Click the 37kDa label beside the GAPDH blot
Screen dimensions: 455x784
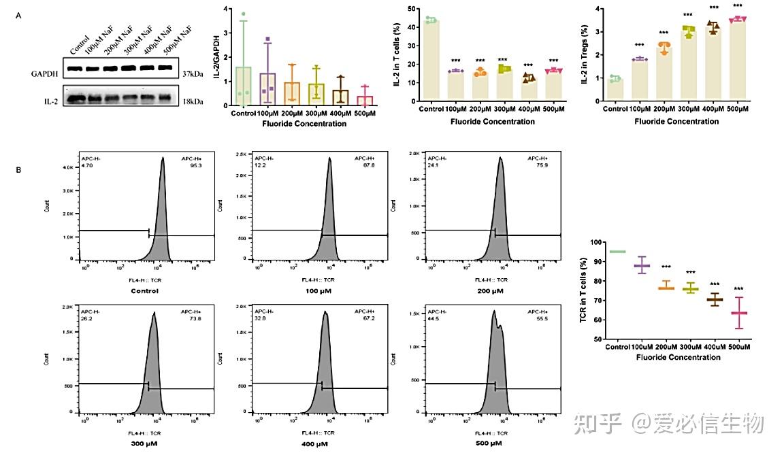196,73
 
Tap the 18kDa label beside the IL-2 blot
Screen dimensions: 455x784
196,103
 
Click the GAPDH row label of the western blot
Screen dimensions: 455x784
44,73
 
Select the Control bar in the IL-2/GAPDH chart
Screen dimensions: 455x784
244,86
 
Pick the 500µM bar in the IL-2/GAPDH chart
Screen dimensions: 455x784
365,101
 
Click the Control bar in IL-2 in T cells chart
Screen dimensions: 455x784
429,61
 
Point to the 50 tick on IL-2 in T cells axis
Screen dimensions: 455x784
413,9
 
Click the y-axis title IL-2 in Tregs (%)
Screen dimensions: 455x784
585,54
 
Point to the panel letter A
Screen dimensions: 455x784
19,16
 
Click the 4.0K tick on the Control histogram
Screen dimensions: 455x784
70,167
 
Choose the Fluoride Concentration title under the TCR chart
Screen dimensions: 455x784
678,357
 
